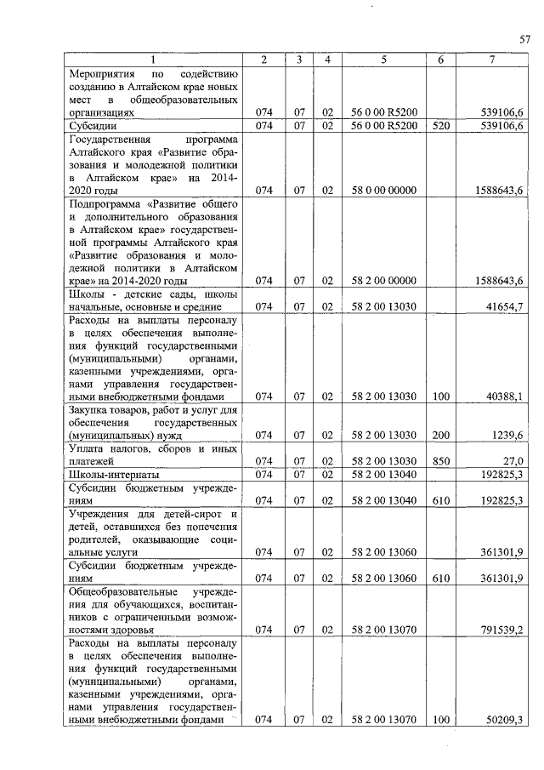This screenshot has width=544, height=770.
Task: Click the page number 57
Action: (x=524, y=38)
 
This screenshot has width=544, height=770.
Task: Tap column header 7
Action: (x=492, y=59)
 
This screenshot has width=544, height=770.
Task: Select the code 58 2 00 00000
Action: (x=383, y=280)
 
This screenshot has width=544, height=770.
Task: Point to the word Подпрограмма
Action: (x=105, y=204)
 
